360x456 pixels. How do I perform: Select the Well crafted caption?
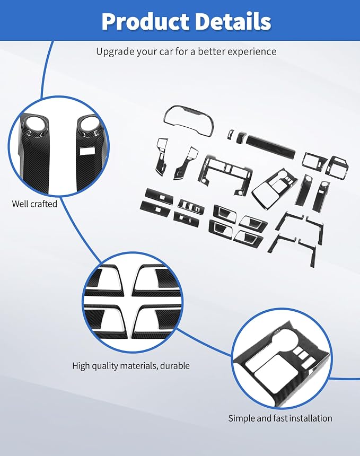[34, 204]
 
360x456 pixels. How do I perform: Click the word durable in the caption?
[175, 365]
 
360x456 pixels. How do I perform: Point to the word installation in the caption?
[308, 418]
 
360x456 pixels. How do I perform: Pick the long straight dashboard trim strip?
[270, 146]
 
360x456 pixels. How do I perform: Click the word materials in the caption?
[139, 365]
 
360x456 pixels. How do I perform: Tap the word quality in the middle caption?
[105, 366]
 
